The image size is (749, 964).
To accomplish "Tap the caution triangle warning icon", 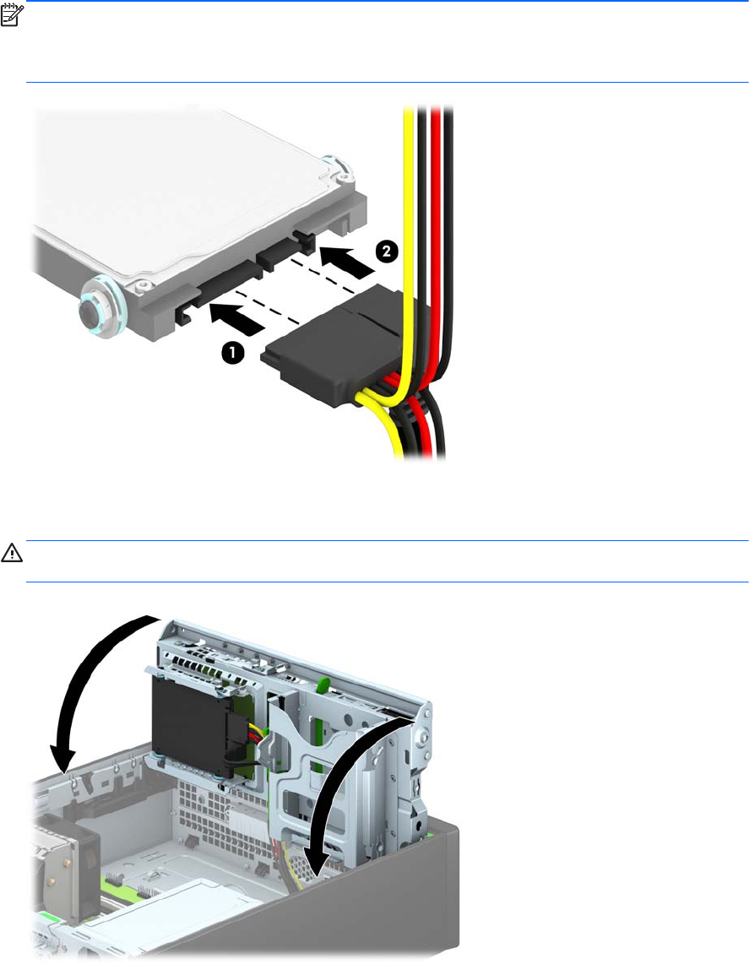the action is coord(12,553).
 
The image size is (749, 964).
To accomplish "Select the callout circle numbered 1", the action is coord(232,354).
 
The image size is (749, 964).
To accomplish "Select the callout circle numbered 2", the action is coord(387,252).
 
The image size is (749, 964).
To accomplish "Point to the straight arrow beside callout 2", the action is coord(347,261).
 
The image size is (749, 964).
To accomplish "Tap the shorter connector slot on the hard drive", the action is coord(280,254).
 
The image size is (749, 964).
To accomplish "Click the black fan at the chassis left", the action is coord(68,854).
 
